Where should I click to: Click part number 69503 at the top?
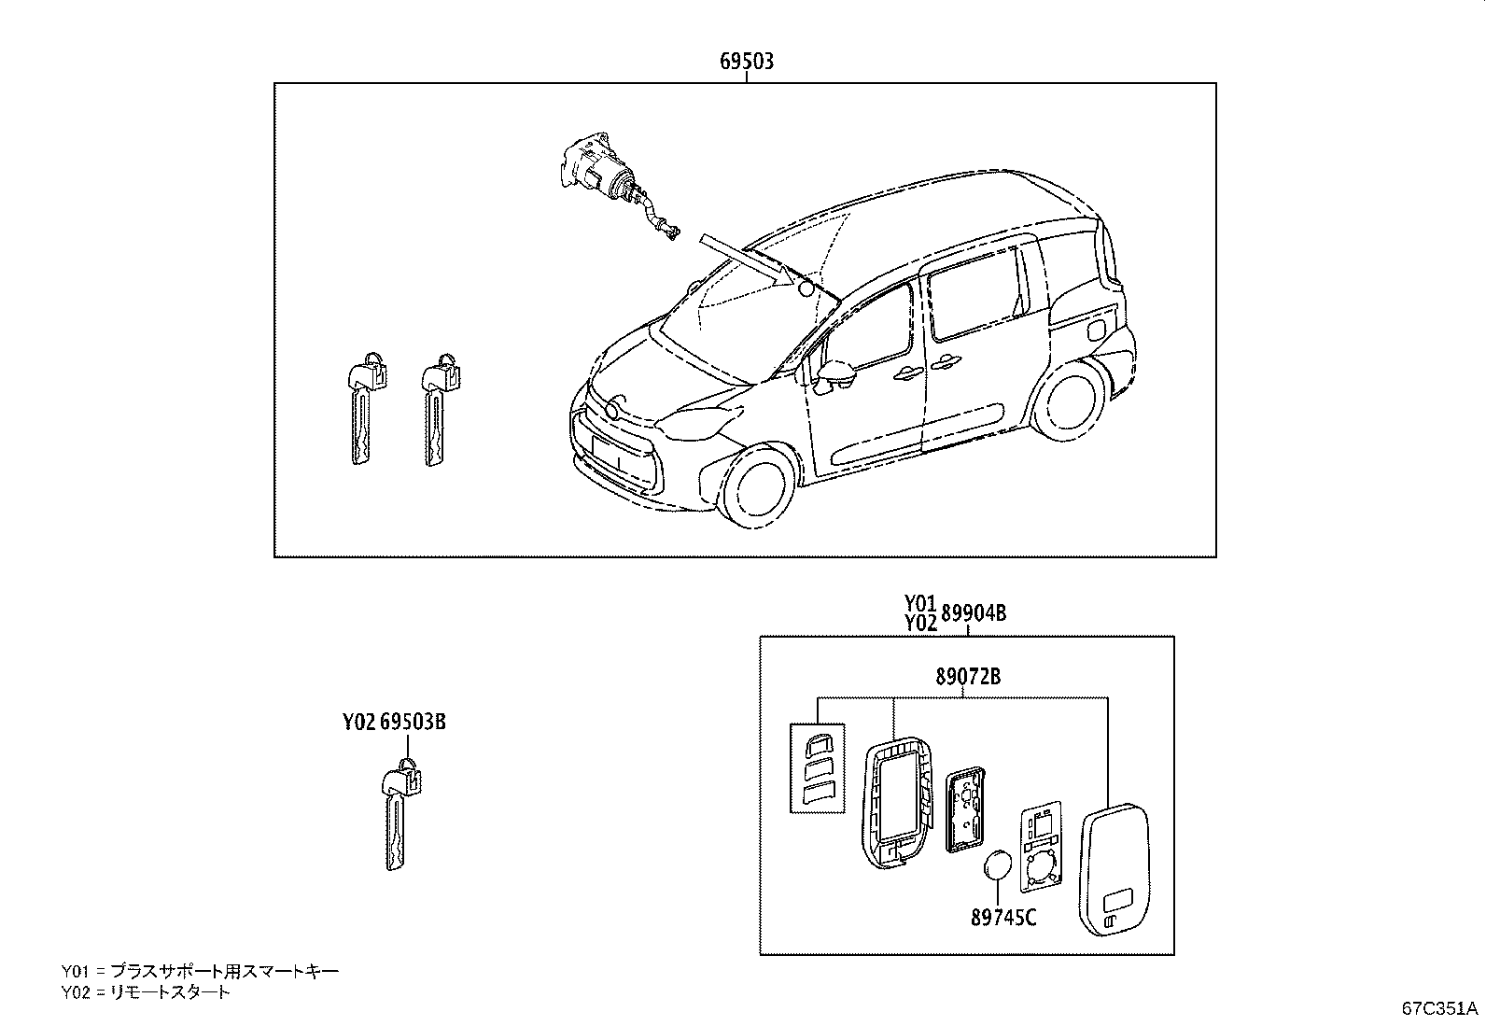click(747, 61)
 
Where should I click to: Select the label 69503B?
click(413, 722)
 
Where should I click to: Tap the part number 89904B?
click(974, 613)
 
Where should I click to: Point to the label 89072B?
click(968, 676)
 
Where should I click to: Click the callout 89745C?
click(1003, 917)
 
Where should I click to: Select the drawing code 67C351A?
click(1439, 1009)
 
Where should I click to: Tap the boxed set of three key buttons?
click(818, 767)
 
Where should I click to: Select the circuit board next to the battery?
click(1041, 849)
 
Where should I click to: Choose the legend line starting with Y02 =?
click(146, 992)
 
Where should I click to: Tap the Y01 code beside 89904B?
click(920, 603)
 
